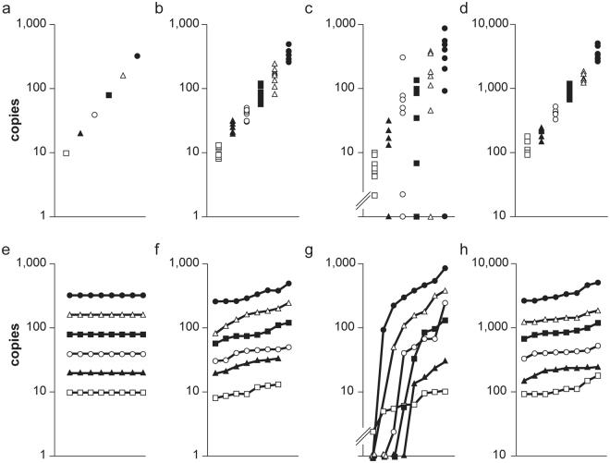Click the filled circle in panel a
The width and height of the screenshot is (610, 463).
pyautogui.click(x=138, y=56)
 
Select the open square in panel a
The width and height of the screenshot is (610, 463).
pyautogui.click(x=66, y=152)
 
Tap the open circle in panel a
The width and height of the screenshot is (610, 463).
pyautogui.click(x=94, y=115)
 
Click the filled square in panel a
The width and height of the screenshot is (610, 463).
pyautogui.click(x=109, y=95)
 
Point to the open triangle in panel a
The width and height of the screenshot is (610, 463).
pyautogui.click(x=123, y=75)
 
